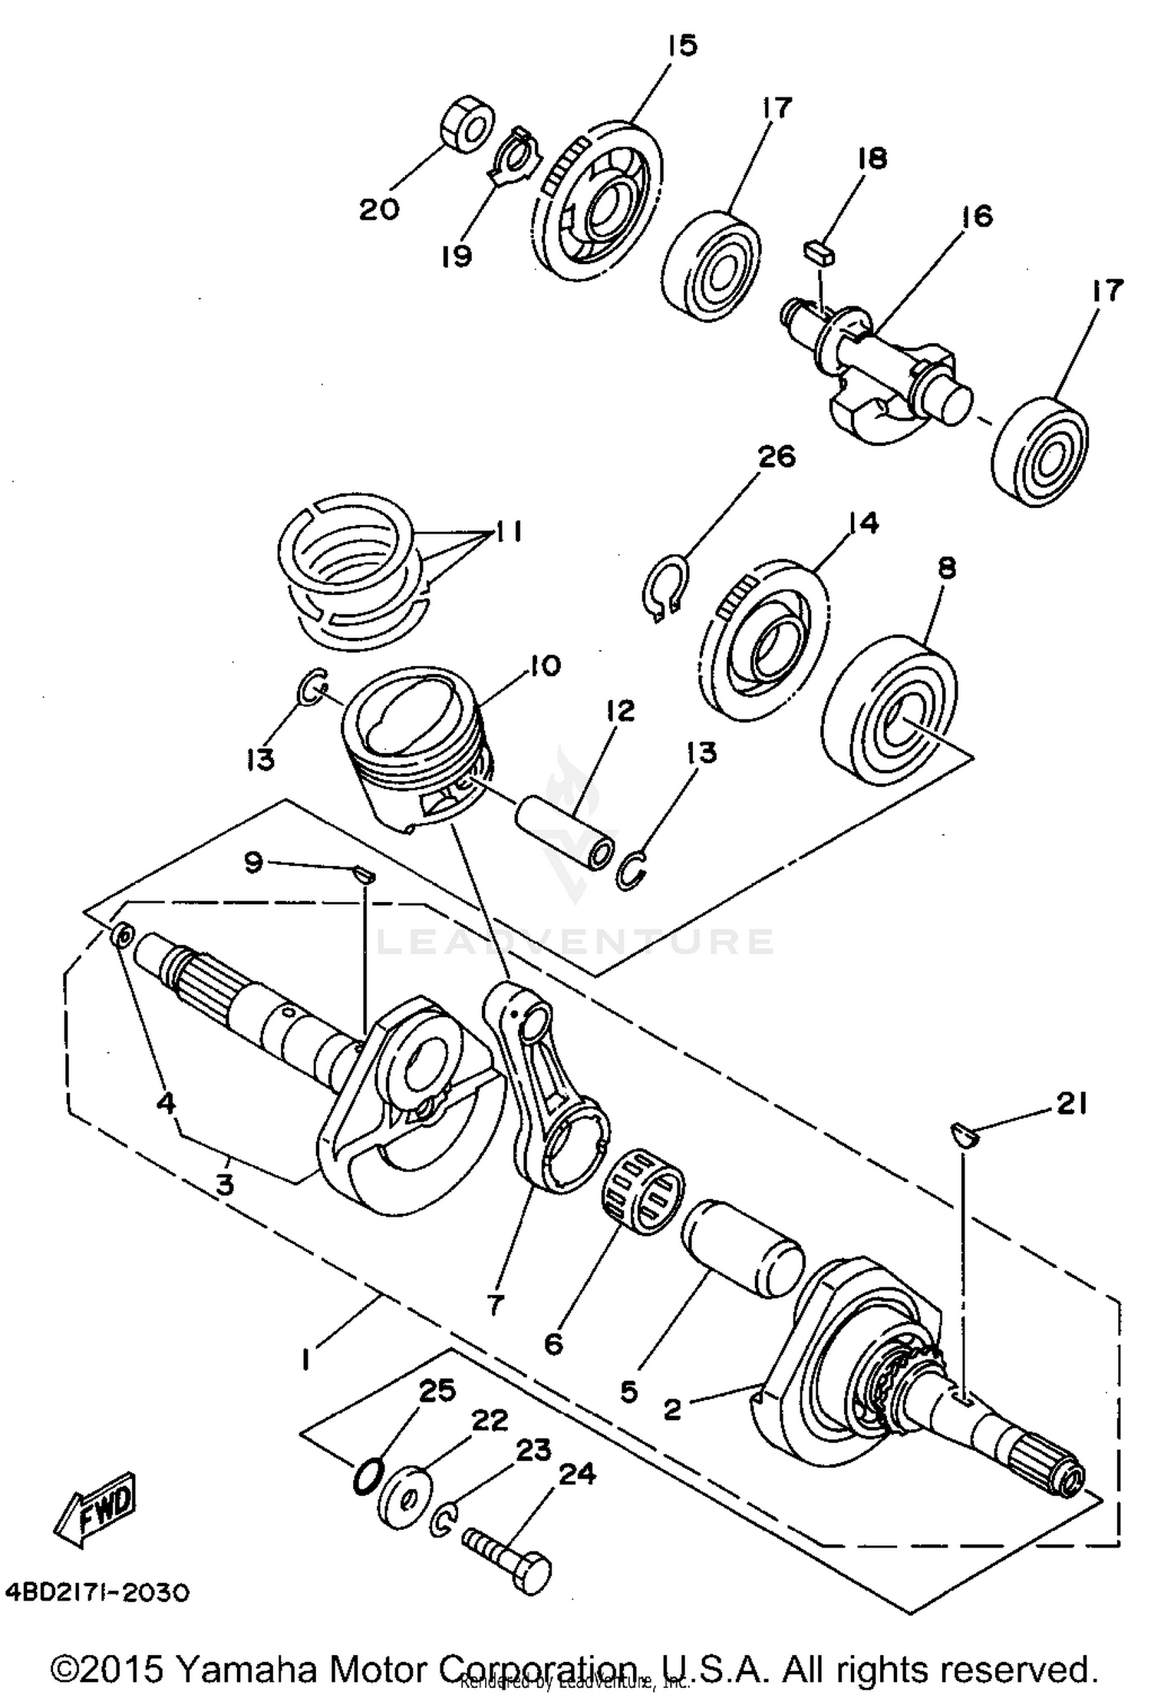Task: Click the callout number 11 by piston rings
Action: [507, 531]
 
